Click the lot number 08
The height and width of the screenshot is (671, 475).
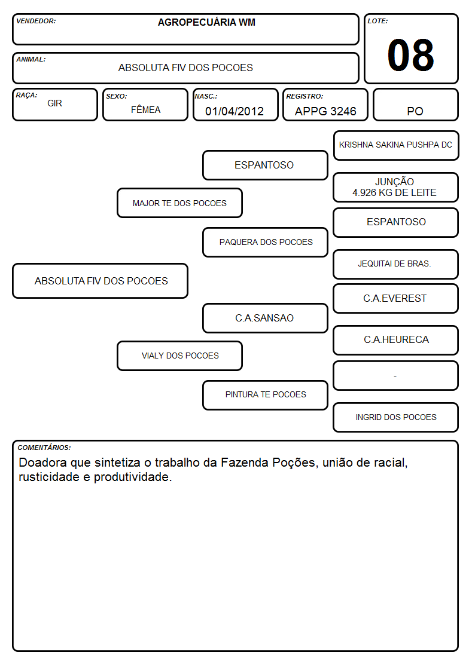pos(410,55)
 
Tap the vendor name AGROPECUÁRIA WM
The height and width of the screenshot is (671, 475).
pos(206,22)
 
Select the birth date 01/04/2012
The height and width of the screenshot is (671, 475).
pos(235,111)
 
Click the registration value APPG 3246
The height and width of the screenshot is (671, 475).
pos(325,111)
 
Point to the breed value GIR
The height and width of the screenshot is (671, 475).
pos(54,103)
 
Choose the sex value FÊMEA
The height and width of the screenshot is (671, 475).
pos(145,109)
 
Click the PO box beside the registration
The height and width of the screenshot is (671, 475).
pos(415,105)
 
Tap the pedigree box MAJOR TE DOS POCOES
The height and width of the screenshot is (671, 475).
pos(179,203)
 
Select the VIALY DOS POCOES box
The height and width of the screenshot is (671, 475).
pos(179,356)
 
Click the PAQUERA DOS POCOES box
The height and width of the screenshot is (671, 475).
pos(265,242)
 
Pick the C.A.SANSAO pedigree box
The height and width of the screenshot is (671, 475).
pos(265,318)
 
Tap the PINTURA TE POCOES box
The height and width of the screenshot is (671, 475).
pos(265,394)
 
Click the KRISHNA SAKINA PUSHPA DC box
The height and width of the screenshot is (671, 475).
pos(396,145)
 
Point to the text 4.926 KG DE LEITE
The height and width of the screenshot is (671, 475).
pos(394,192)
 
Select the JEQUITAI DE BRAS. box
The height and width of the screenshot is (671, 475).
pos(395,264)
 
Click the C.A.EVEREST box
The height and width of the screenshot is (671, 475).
pos(395,298)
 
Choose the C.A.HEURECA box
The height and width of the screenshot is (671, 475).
pos(395,340)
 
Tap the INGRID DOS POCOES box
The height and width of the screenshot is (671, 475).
pos(395,417)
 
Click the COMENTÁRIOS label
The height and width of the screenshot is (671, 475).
pos(44,448)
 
